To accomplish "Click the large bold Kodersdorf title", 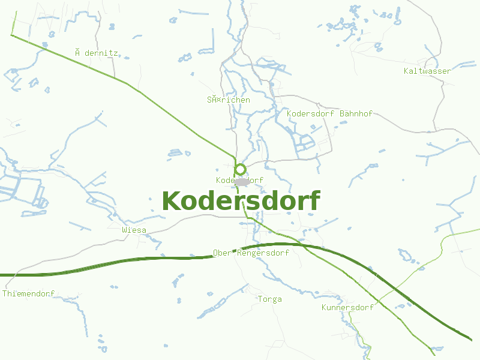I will (x=241, y=201).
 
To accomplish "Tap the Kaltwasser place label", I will (x=427, y=71).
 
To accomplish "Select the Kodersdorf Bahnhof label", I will (x=329, y=113).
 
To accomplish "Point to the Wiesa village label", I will (x=134, y=230).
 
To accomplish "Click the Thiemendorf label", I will (x=29, y=293).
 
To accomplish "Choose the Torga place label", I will (x=269, y=299).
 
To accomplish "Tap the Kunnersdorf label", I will (x=347, y=307).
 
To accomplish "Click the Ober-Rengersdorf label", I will (x=251, y=253).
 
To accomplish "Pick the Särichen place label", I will (x=228, y=100).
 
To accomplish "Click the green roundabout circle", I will (x=240, y=169).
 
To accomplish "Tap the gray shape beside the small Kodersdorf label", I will (x=242, y=181).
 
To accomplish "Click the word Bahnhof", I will (x=356, y=113).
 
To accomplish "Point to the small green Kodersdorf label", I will (x=239, y=180).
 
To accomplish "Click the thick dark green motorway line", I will (x=120, y=260).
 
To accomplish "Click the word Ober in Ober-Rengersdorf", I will (x=222, y=253).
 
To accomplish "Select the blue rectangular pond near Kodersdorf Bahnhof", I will (x=305, y=143).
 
